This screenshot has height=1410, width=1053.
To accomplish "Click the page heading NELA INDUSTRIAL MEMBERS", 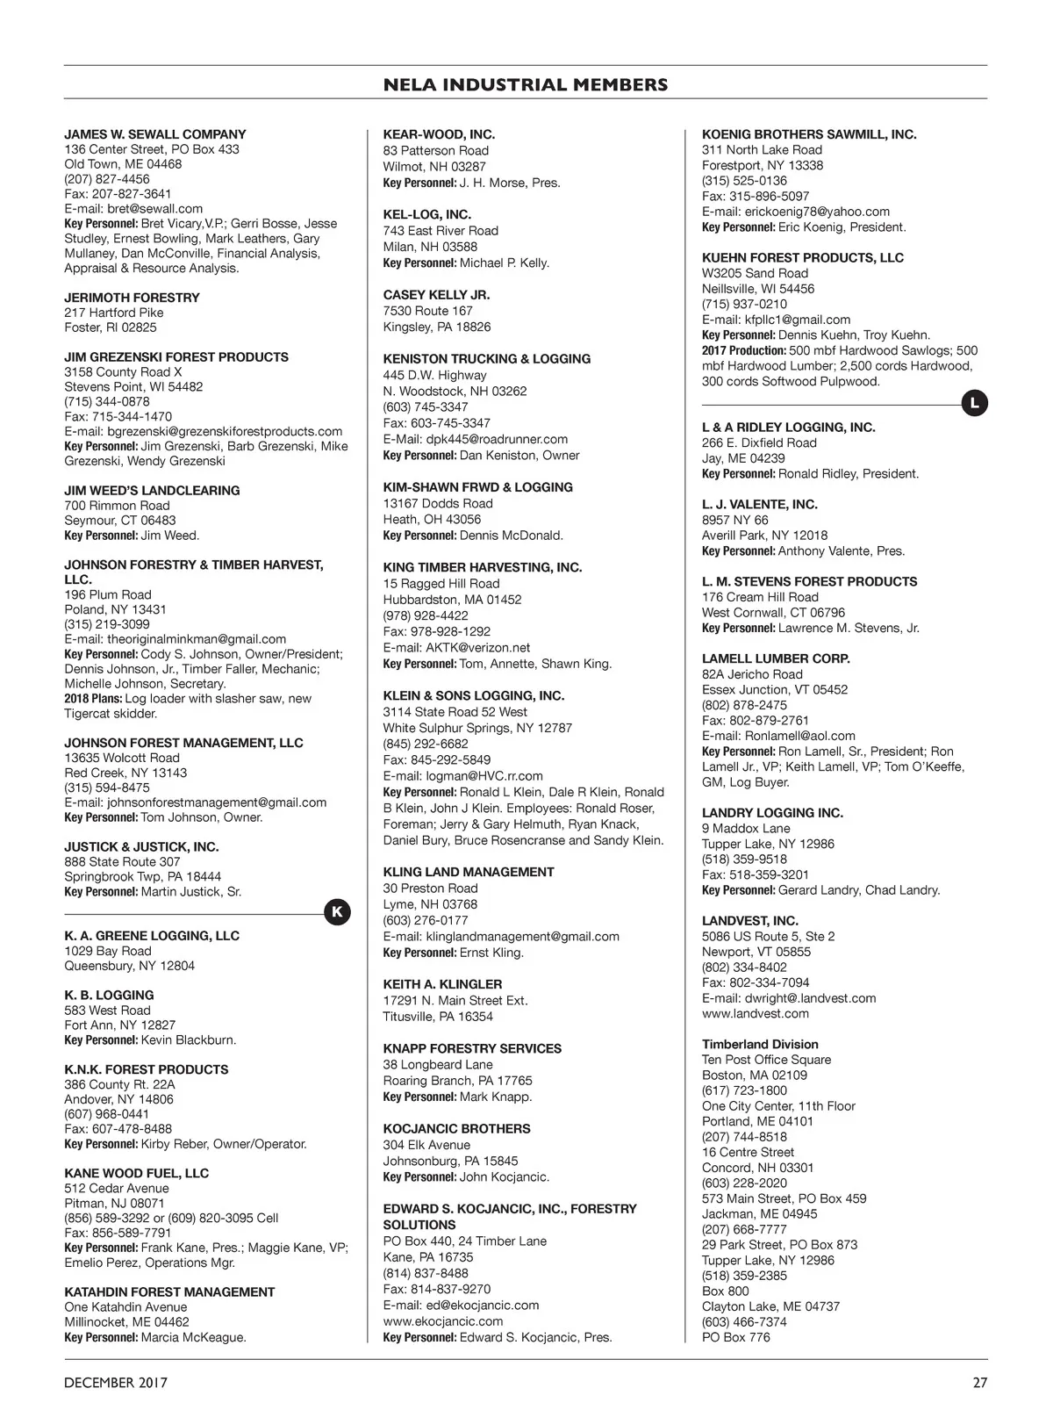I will tap(526, 85).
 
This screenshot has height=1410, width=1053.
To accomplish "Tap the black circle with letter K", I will tap(337, 912).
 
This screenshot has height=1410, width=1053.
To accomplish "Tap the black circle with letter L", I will tap(974, 404).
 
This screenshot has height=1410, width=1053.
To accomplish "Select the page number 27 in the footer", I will tap(979, 1383).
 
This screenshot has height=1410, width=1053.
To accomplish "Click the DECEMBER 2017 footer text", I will tap(116, 1383).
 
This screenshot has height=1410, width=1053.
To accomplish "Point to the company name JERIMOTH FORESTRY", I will tap(132, 298).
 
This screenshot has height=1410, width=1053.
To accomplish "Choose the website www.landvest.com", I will tap(755, 1013).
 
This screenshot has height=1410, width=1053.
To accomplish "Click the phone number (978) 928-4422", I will tap(425, 615).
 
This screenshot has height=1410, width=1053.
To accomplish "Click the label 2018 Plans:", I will tap(93, 699).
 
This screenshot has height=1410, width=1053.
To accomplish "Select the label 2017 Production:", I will tap(743, 350).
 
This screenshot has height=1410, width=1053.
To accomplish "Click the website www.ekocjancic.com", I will tap(442, 1321).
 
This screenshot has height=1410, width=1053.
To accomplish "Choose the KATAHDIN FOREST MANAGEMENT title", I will tap(169, 1291).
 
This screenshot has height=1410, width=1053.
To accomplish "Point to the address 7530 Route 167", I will tap(427, 311).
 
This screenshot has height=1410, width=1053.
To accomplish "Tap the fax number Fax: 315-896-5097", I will tap(756, 196).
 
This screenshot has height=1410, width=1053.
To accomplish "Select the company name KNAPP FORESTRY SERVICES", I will tap(472, 1048).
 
